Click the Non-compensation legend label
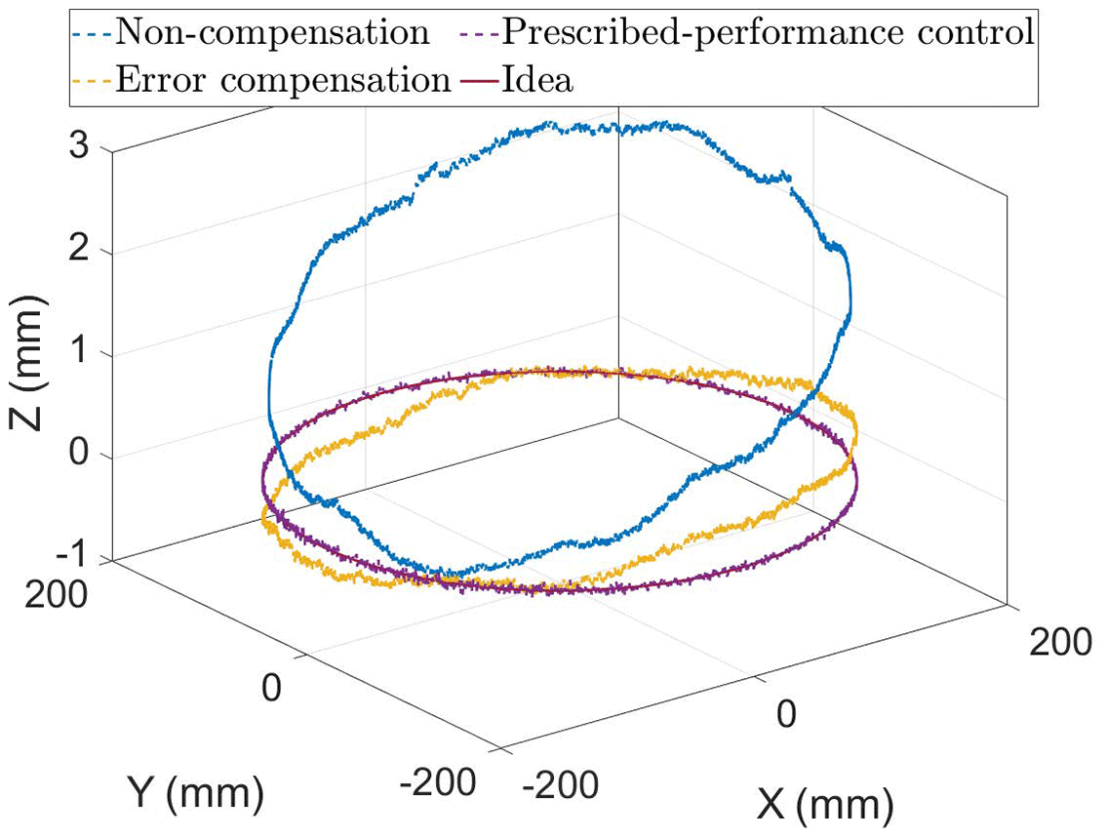272,32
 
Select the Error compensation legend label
282,80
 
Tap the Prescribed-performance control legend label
767,32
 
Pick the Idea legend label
538,80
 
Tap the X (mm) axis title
825,806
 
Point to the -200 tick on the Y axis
440,780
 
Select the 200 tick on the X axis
1061,643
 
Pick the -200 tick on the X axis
559,782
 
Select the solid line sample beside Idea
478,80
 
